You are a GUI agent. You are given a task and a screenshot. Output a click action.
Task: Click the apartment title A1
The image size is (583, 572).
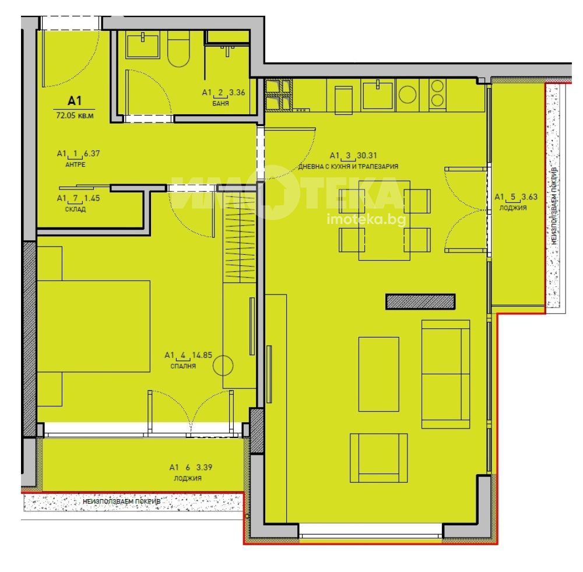click(75, 100)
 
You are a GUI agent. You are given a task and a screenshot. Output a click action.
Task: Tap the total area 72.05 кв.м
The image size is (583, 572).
click(75, 115)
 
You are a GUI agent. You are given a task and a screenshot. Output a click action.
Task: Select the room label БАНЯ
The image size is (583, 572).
click(220, 103)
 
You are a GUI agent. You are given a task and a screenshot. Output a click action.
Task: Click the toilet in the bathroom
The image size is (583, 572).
click(178, 49)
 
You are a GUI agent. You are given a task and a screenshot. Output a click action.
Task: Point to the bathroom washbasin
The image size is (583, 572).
click(143, 45)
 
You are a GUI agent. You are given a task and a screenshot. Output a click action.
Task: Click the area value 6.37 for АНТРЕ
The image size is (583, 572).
click(92, 153)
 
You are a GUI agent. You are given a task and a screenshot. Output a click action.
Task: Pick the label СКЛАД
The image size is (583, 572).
click(75, 209)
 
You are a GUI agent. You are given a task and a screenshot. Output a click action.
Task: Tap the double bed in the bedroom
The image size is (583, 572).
click(94, 326)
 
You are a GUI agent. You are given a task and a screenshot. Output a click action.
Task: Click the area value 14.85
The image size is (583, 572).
click(202, 355)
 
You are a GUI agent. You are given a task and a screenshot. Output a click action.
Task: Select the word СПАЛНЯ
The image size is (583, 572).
click(183, 366)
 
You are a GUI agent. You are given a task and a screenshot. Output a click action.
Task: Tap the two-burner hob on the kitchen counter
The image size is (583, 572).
click(437, 94)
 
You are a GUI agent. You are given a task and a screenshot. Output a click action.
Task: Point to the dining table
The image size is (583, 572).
click(384, 220)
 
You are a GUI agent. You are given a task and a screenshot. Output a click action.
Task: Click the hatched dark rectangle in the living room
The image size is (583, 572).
click(420, 301)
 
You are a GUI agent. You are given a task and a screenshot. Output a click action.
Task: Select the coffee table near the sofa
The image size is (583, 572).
click(379, 374)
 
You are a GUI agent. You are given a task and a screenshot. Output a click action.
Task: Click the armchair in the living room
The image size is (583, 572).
click(378, 458)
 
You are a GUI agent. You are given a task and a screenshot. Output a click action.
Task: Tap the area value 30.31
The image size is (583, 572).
click(367, 156)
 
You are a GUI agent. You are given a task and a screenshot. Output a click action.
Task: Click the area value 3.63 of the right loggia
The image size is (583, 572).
click(529, 196)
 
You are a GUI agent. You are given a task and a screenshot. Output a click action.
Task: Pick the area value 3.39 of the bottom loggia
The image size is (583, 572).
click(204, 468)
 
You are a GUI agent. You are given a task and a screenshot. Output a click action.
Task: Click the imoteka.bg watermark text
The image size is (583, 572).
click(366, 220)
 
